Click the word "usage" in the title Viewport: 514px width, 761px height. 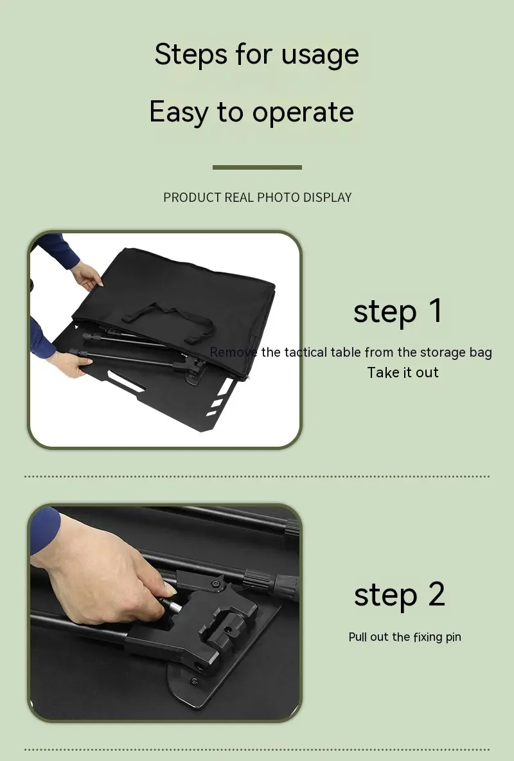point(320,55)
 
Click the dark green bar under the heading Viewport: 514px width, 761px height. point(257,168)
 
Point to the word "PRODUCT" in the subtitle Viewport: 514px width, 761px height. point(192,197)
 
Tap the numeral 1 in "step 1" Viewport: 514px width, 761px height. point(436,310)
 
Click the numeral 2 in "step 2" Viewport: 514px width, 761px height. point(436,594)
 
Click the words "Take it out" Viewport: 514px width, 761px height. point(403,373)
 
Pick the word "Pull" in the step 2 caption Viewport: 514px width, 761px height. point(358,637)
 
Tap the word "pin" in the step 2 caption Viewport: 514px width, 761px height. point(454,638)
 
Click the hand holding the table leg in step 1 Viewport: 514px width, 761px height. point(71,363)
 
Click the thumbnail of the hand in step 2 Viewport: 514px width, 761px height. point(170,589)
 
